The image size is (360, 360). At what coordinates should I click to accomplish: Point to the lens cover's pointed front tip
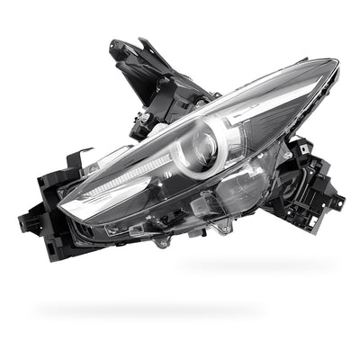(64, 210)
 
